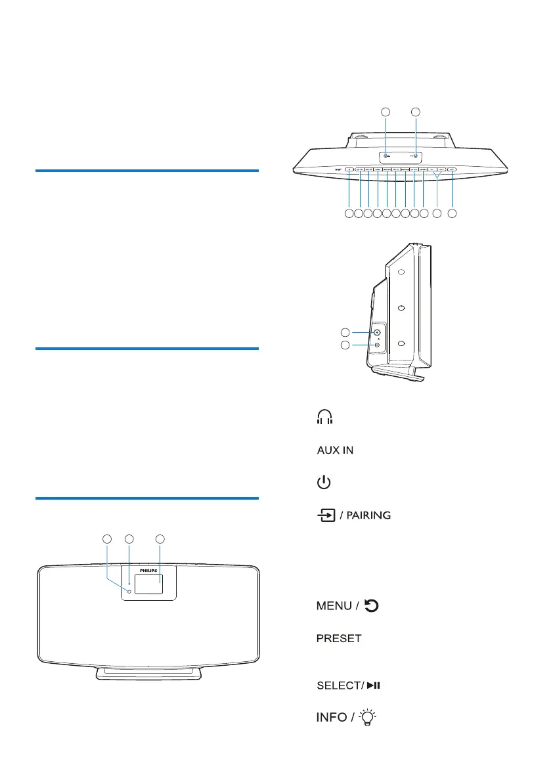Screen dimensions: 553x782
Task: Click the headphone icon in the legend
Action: pos(325,417)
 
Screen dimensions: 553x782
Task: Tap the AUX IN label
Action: pos(335,450)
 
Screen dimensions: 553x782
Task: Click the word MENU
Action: pos(334,605)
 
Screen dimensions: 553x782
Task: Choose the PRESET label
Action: pos(339,639)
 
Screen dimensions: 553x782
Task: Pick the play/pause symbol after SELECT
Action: pos(374,685)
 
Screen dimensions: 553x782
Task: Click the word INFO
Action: pos(332,718)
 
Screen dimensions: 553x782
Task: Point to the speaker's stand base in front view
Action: pos(149,673)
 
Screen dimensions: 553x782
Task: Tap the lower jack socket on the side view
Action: pos(378,345)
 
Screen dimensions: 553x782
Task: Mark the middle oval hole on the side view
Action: pos(401,308)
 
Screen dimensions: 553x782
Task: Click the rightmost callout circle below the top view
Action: pos(452,213)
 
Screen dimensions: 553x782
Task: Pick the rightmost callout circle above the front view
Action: pos(160,539)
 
